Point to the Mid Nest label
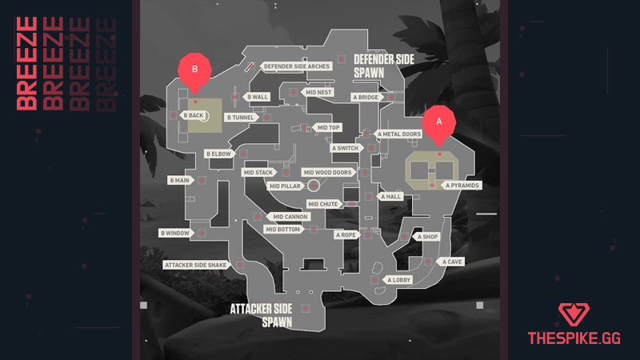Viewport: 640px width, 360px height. point(319,92)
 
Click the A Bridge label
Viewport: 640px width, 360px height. point(366,98)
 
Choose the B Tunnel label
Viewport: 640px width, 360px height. point(240,118)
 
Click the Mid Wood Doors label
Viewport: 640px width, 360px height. point(327,172)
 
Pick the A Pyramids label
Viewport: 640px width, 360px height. point(462,186)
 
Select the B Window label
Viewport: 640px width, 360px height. point(175,233)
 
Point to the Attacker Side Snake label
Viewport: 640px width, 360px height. point(195,265)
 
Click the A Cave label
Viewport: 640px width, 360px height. point(454,262)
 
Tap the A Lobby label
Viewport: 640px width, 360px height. point(400,280)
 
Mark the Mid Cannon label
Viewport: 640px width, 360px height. point(290,217)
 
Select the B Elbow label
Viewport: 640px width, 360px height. point(218,153)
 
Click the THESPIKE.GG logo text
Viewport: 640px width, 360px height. point(575,339)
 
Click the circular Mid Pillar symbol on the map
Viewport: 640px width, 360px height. point(314,186)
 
